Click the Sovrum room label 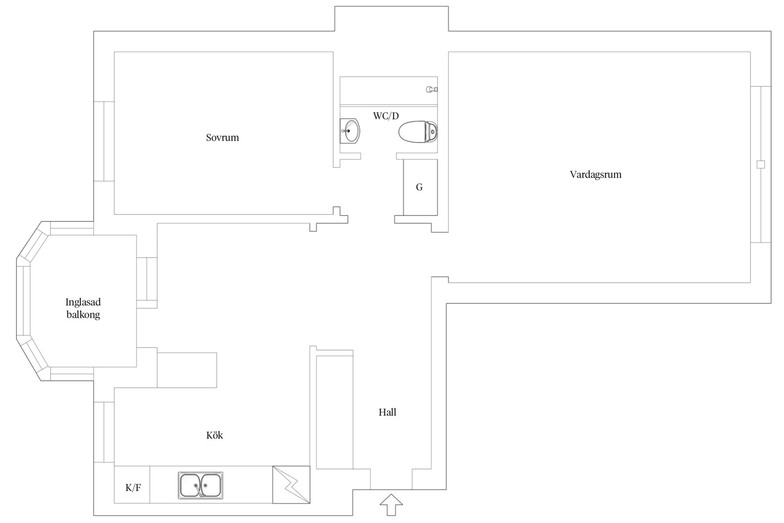pos(222,138)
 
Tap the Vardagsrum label pos(596,174)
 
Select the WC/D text pos(386,116)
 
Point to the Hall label pos(388,412)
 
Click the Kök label pos(214,435)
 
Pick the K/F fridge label pos(134,488)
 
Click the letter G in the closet pos(419,187)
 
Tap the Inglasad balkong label pos(83,308)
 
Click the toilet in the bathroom pos(418,132)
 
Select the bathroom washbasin pos(349,131)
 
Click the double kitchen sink pos(200,485)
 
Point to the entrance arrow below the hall pos(392,505)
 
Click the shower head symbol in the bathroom pos(432,90)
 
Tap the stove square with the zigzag pos(291,485)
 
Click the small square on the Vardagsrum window pos(761,164)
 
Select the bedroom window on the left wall pos(104,141)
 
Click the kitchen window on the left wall pos(104,432)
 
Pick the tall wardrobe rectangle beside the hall pos(334,412)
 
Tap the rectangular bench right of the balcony pos(187,370)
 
